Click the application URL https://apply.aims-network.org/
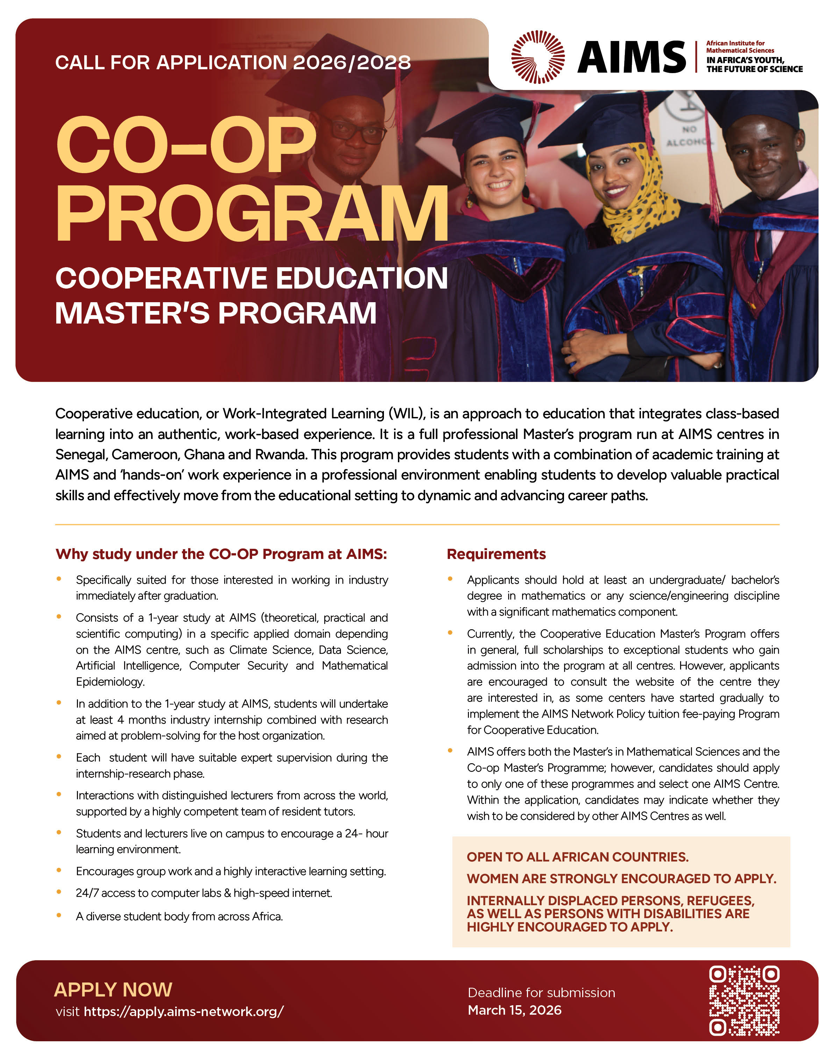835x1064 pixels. [x=183, y=1011]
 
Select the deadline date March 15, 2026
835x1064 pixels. [x=514, y=1010]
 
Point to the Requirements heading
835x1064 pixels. [x=496, y=554]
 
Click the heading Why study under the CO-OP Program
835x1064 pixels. [x=221, y=554]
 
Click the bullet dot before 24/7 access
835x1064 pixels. [x=59, y=892]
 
